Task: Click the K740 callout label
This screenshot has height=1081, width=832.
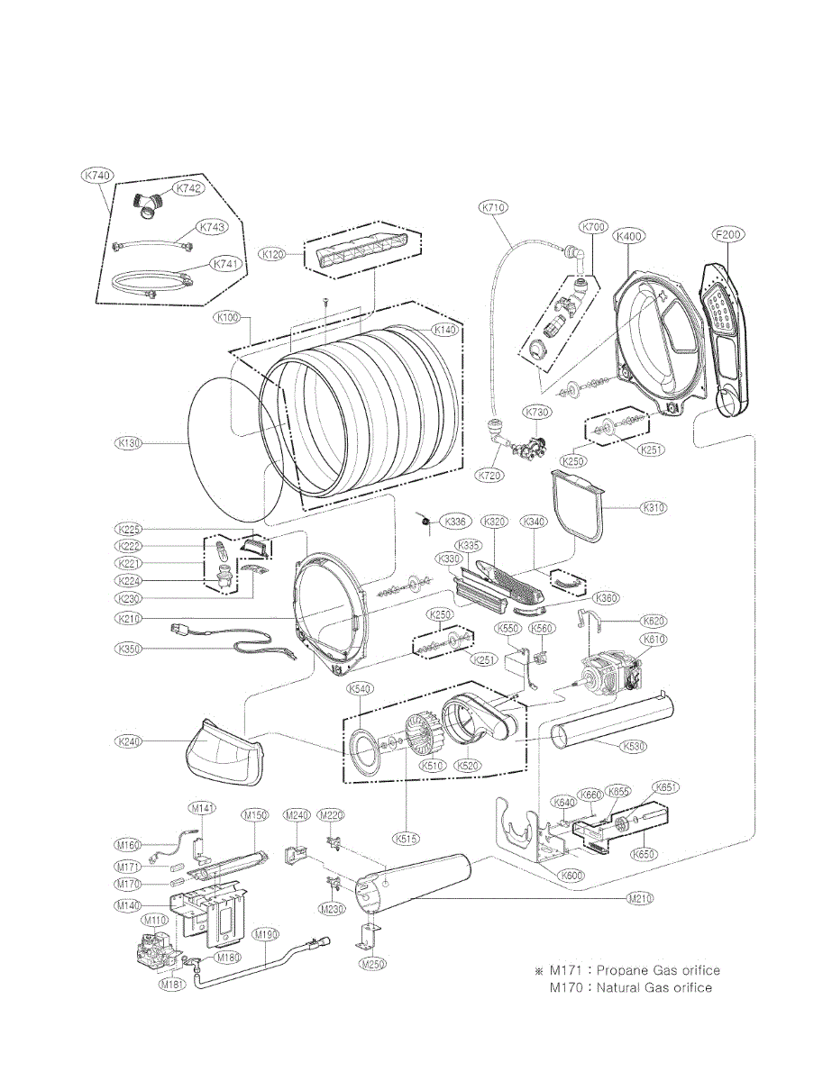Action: click(x=96, y=177)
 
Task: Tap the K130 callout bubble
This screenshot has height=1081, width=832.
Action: click(x=129, y=443)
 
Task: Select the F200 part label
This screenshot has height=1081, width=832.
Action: click(x=727, y=236)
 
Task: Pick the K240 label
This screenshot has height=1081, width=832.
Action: click(x=129, y=740)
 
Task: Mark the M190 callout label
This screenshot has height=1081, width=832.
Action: click(x=265, y=934)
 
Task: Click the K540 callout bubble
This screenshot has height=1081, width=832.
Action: click(x=361, y=689)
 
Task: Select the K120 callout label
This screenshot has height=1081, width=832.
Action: click(x=274, y=255)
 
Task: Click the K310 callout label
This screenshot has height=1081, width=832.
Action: click(x=654, y=507)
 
